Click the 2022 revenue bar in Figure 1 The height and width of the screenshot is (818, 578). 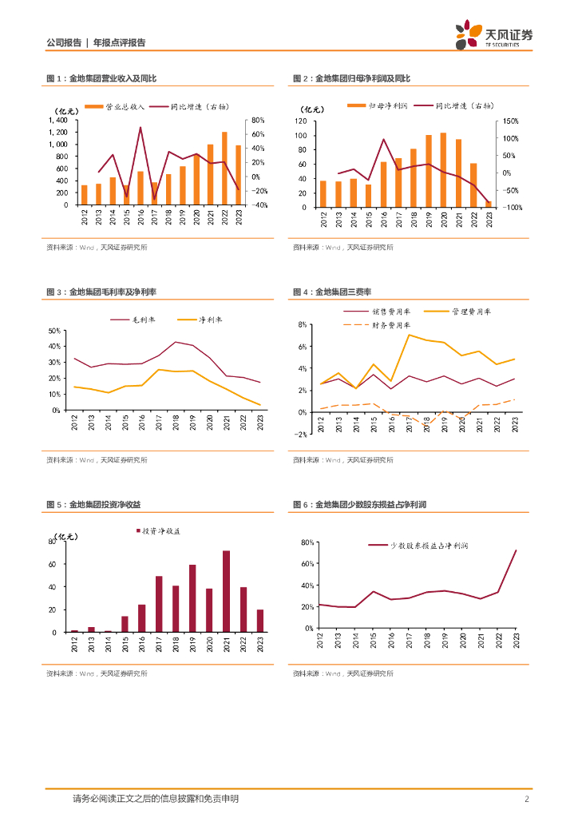(x=224, y=169)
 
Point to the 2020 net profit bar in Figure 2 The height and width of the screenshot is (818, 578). (x=443, y=170)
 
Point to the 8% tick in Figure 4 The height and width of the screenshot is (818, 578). (x=303, y=325)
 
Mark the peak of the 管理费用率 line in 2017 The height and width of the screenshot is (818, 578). (x=409, y=335)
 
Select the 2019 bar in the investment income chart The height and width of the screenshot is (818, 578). (x=192, y=598)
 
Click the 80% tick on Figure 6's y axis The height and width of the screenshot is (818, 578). (x=305, y=542)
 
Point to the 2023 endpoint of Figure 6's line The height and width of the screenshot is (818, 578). (x=516, y=550)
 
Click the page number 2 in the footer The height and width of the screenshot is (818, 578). (x=527, y=799)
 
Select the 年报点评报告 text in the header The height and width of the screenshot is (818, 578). (x=120, y=42)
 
